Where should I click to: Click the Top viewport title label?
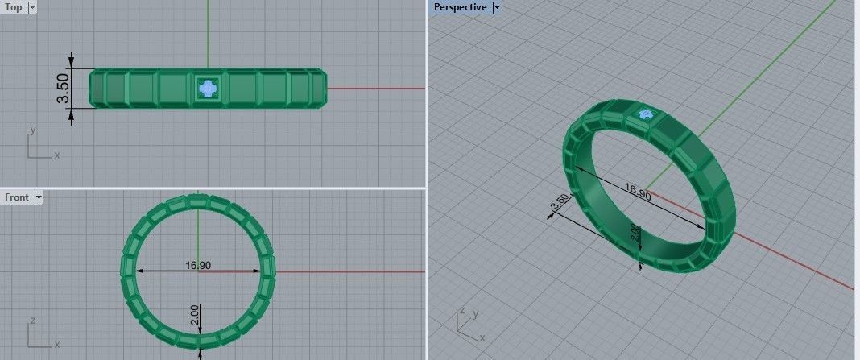(x=14, y=7)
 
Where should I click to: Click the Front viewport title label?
(x=17, y=197)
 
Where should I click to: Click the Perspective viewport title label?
(x=460, y=7)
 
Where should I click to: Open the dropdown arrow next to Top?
(x=32, y=7)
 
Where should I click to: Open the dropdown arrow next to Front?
(x=38, y=197)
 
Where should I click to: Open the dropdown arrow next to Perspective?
(x=496, y=7)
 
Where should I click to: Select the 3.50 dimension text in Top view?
(x=62, y=88)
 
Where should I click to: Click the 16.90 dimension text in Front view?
(x=198, y=265)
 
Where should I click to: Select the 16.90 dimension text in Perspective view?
(x=638, y=192)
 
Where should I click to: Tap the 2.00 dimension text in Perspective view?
(x=634, y=234)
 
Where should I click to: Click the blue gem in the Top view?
(x=208, y=88)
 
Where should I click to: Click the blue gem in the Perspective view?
(x=645, y=115)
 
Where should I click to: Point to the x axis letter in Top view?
(x=57, y=155)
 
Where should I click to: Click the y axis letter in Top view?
(x=32, y=129)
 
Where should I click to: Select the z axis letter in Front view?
(x=32, y=319)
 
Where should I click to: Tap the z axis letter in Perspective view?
(x=461, y=309)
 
